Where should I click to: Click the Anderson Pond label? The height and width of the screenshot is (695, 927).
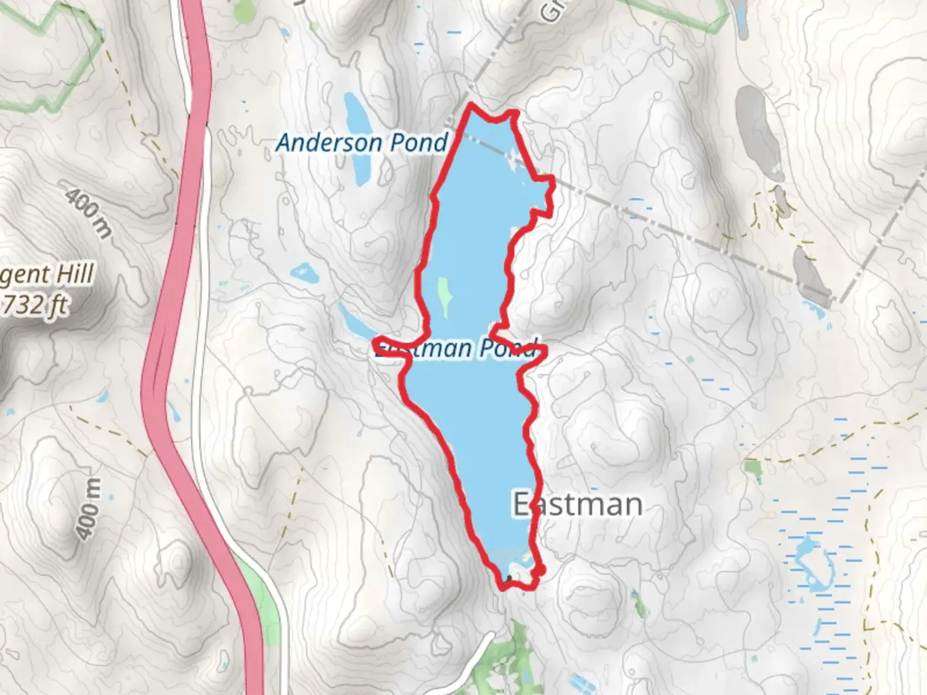pyautogui.click(x=361, y=143)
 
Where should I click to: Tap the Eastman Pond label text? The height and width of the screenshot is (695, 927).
pyautogui.click(x=455, y=348)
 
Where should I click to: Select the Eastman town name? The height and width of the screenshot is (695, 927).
pyautogui.click(x=577, y=504)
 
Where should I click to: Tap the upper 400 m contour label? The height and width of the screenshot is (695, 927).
pyautogui.click(x=88, y=209)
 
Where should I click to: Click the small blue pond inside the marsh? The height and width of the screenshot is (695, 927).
pyautogui.click(x=813, y=566)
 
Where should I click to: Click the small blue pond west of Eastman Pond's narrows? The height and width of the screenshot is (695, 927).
pyautogui.click(x=304, y=273)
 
